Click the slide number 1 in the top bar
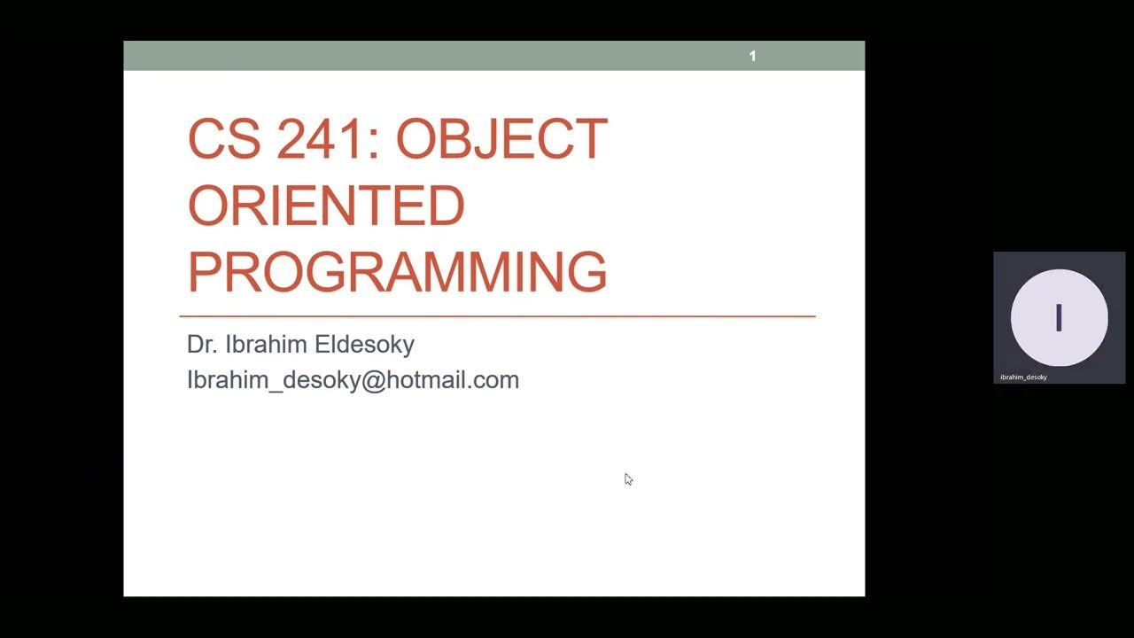(x=752, y=56)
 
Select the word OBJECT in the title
(x=501, y=139)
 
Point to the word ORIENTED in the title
(x=326, y=206)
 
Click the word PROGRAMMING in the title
(x=397, y=272)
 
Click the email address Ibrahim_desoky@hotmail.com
(x=353, y=380)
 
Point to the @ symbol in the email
(x=372, y=380)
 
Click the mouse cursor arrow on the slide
(x=628, y=479)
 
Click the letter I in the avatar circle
(x=1059, y=317)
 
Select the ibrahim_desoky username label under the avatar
(x=1023, y=377)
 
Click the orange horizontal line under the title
(x=497, y=316)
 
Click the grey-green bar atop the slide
(x=443, y=56)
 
